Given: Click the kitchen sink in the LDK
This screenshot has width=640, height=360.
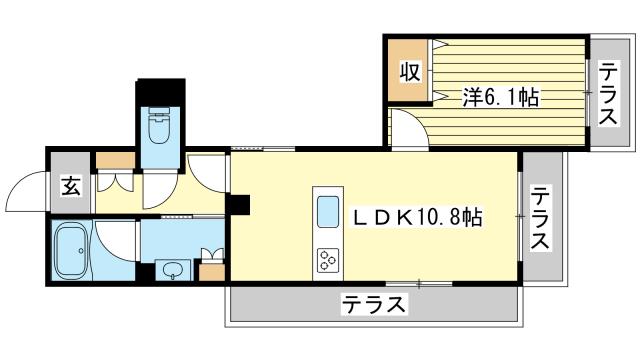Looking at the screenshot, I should [x=329, y=211].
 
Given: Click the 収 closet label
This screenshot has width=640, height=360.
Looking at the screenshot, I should [x=409, y=72].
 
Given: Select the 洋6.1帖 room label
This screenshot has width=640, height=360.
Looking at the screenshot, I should [x=500, y=97].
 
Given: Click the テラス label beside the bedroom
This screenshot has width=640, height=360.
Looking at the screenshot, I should [x=608, y=93].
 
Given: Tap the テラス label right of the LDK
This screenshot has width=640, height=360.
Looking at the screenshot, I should [x=541, y=218].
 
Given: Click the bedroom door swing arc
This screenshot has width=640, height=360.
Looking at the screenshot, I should [x=404, y=127].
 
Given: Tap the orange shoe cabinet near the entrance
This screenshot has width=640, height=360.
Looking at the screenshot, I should [x=113, y=159].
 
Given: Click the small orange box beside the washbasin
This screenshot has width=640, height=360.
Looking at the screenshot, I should [x=211, y=270].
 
